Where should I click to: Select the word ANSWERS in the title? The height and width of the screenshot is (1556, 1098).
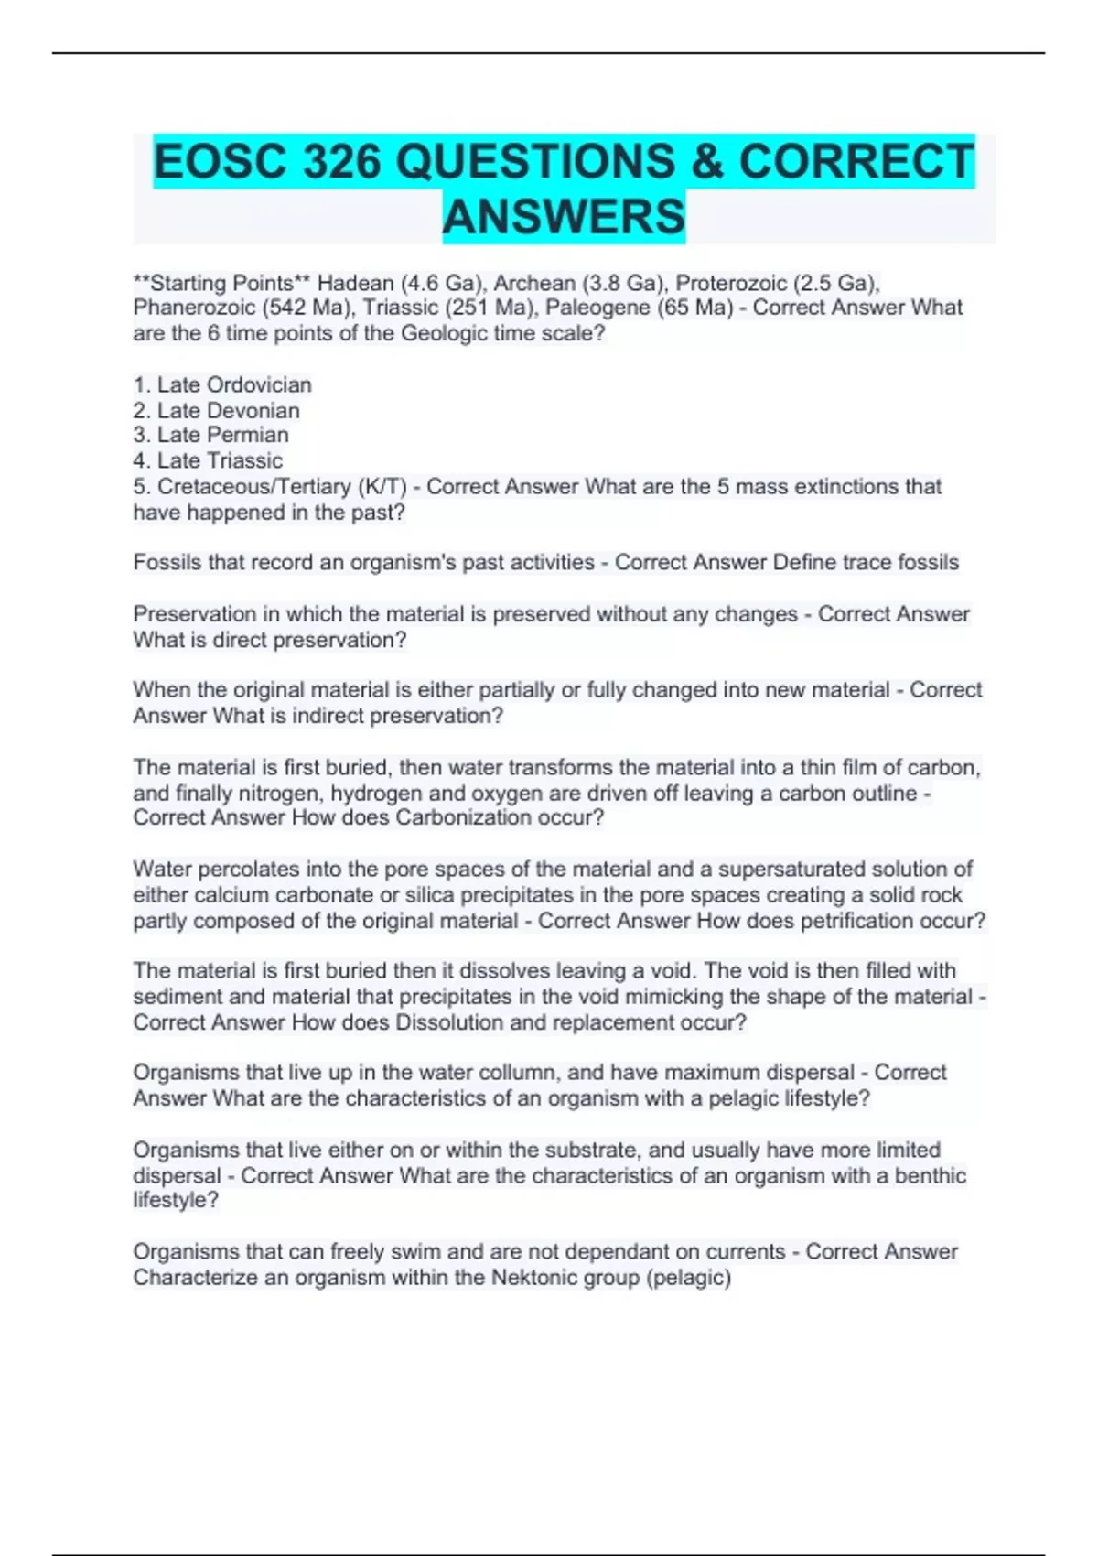564,217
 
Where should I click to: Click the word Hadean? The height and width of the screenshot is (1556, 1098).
355,283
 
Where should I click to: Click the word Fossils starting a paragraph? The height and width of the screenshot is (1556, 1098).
167,562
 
